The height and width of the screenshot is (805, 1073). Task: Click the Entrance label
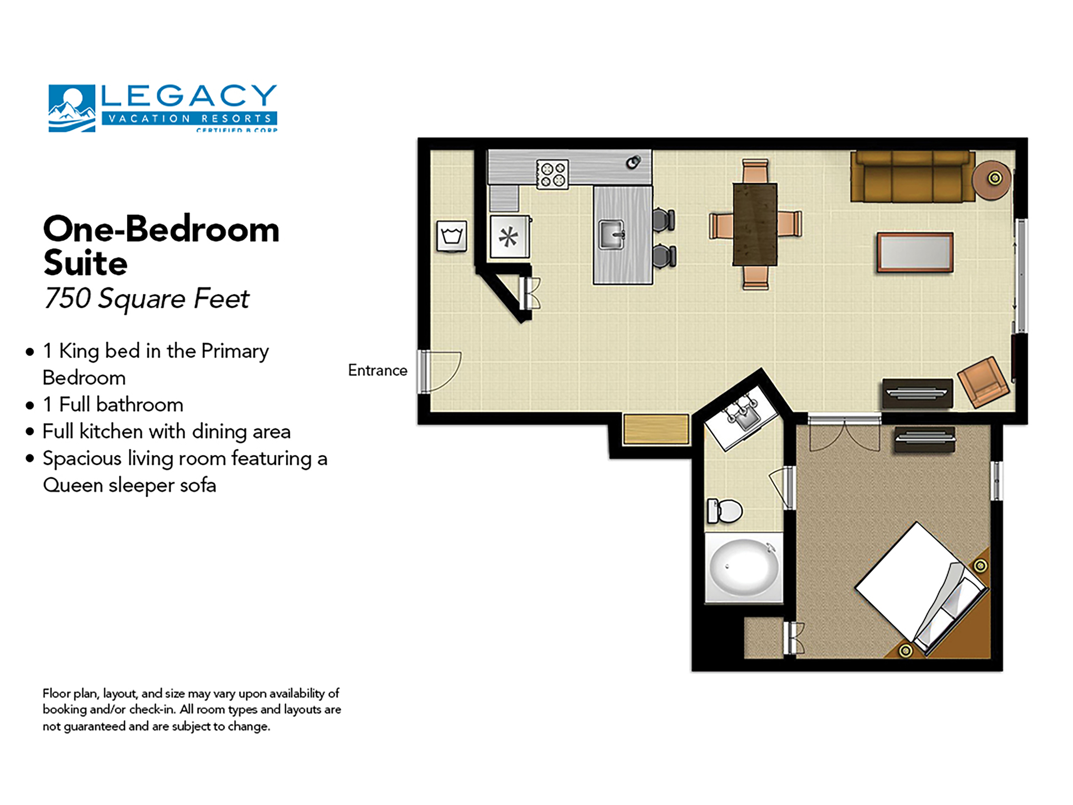point(377,370)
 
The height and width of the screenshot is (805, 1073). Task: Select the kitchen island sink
point(611,235)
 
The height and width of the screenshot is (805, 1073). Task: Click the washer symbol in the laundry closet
point(452,236)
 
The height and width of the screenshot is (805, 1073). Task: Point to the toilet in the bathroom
point(725,511)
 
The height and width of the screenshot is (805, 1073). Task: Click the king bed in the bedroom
point(919,588)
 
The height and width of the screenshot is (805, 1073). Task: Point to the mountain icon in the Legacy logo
point(71,109)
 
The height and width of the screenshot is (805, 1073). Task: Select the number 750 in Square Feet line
point(67,298)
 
